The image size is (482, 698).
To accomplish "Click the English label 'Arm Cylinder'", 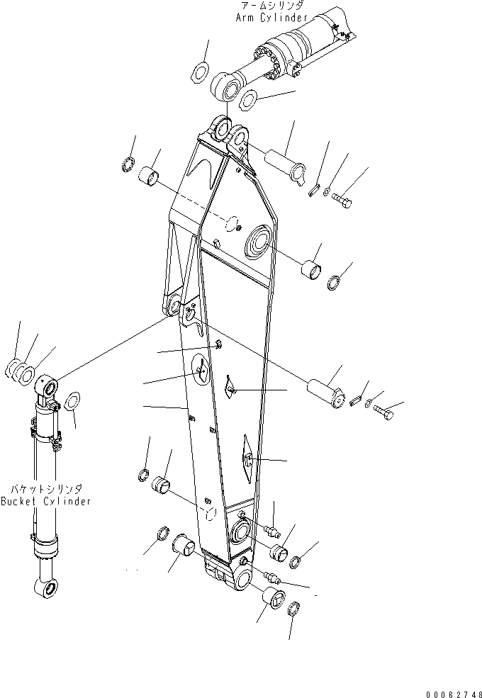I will pos(271,16).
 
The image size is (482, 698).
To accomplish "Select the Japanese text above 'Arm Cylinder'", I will pos(272,6).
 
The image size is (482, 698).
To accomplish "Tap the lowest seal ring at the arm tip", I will pos(296,607).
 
